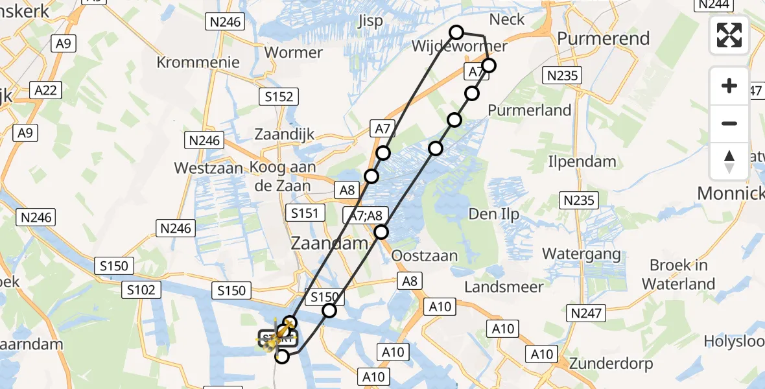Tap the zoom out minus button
coord(729,123)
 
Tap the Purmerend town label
coord(603,38)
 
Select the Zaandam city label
coord(329,244)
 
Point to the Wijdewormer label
coord(459,47)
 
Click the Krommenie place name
coord(198,63)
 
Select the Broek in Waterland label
coord(679,274)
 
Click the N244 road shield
coord(713,5)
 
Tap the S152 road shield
coord(279,97)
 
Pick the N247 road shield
coord(587,314)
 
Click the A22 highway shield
coord(45,90)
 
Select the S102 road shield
coord(141,290)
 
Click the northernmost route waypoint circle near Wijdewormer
coord(456,32)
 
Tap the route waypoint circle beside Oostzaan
coord(381,232)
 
